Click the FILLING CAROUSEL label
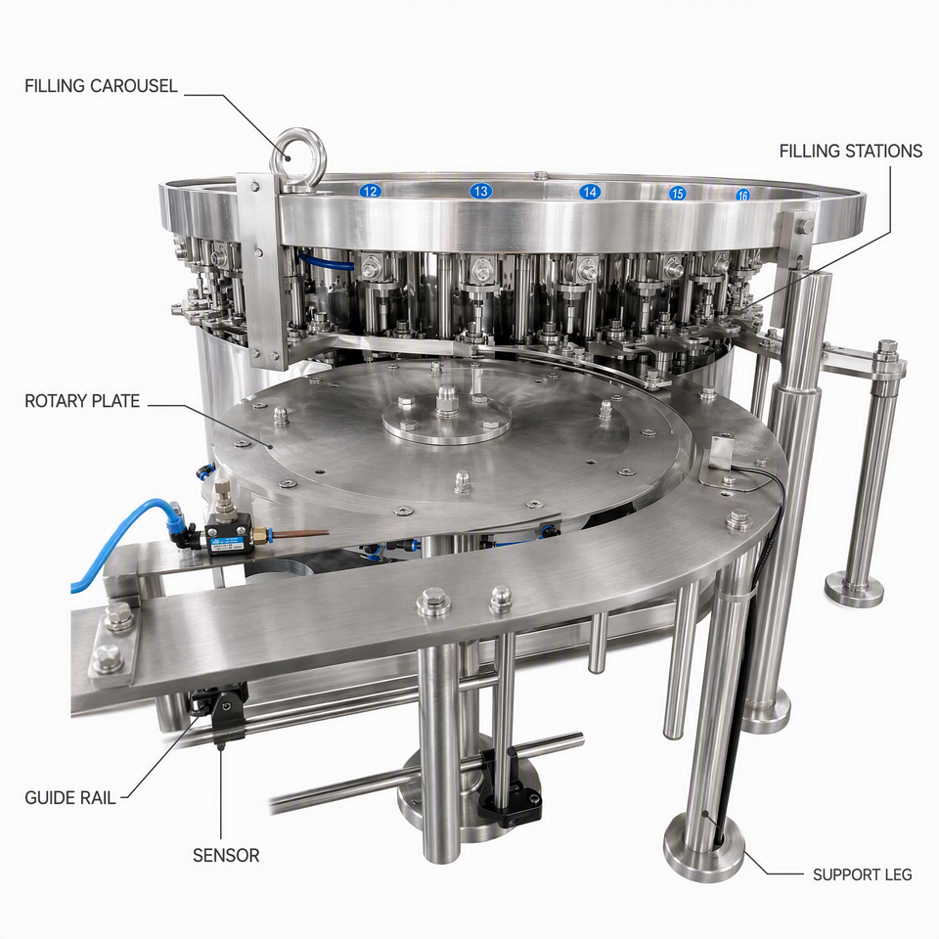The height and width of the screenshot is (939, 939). click(101, 86)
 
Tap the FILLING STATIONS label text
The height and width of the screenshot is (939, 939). click(850, 151)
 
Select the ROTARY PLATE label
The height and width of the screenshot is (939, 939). click(82, 401)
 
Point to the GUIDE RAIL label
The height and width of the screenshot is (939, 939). click(70, 798)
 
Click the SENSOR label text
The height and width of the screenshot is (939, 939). click(226, 855)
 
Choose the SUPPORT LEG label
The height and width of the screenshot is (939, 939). click(862, 874)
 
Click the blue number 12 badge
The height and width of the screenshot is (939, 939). click(370, 191)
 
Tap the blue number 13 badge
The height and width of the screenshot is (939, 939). click(480, 191)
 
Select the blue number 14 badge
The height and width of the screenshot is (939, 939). click(590, 192)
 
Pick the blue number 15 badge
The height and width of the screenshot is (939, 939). click(677, 193)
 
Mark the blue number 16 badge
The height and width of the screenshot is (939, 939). click(742, 195)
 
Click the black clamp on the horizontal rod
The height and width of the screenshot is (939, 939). click(509, 784)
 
